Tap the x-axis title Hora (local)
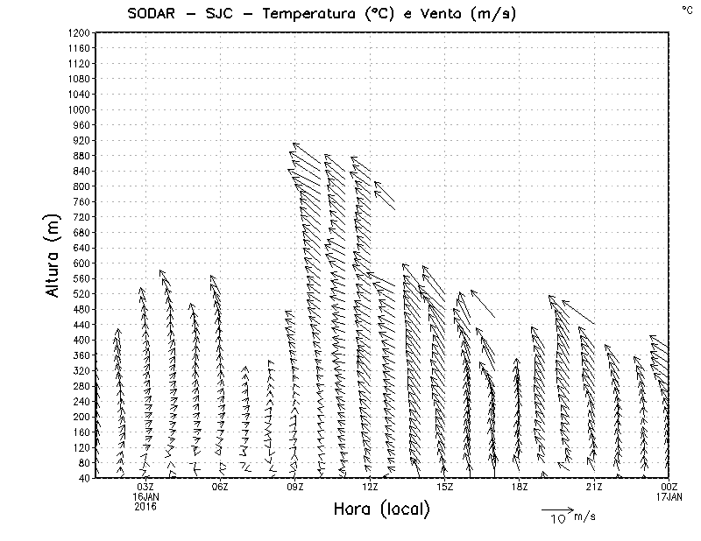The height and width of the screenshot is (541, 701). (382, 509)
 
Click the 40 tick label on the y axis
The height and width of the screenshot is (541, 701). (83, 478)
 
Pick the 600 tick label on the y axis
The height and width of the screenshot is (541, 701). (81, 263)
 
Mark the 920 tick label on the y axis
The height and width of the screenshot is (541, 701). (81, 140)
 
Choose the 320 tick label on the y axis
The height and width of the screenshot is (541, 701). (81, 370)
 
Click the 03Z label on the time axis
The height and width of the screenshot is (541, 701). (145, 487)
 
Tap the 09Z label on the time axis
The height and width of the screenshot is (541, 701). (295, 487)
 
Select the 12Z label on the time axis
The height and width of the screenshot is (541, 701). (370, 487)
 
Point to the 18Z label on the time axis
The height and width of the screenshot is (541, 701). (520, 487)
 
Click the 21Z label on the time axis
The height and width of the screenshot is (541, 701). (595, 487)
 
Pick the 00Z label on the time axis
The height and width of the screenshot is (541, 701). (669, 487)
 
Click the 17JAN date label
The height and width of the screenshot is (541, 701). (669, 496)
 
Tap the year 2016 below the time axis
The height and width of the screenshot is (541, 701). (145, 506)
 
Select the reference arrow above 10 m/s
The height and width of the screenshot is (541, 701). (556, 509)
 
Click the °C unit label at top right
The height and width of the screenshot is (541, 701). (686, 9)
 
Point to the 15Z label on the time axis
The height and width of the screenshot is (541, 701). (445, 487)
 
